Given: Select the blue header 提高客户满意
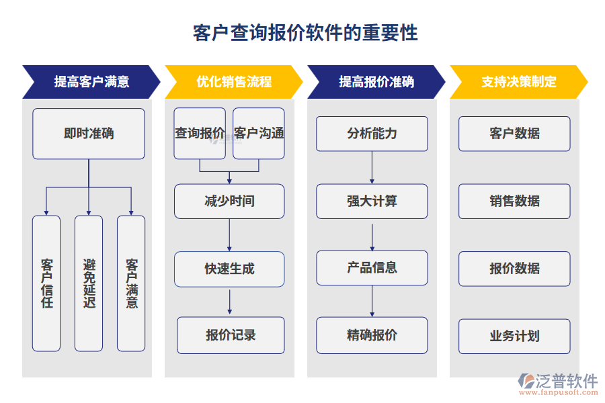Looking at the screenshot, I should pyautogui.click(x=91, y=82).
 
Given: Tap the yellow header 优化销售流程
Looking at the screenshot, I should pyautogui.click(x=234, y=82).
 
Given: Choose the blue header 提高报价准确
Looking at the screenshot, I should pyautogui.click(x=376, y=82).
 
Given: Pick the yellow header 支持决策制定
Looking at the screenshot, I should pyautogui.click(x=519, y=82).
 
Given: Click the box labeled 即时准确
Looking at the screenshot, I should pyautogui.click(x=89, y=134).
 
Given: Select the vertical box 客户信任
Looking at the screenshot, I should pyautogui.click(x=46, y=283).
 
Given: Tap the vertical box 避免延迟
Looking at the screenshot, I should pyautogui.click(x=89, y=283).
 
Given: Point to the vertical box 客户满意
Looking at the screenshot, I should pyautogui.click(x=131, y=283).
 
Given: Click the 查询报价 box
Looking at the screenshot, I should pyautogui.click(x=200, y=134).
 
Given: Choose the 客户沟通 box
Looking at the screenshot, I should pyautogui.click(x=259, y=134).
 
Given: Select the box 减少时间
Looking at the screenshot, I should pyautogui.click(x=229, y=201).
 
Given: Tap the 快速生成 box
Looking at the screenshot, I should pyautogui.click(x=229, y=269).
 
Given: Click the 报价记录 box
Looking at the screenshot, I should pyautogui.click(x=231, y=335).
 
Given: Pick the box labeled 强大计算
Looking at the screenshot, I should pyautogui.click(x=372, y=201).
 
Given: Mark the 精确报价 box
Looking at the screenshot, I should pyautogui.click(x=372, y=335).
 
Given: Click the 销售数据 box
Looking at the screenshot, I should pyautogui.click(x=514, y=201).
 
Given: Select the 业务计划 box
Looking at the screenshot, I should pyautogui.click(x=514, y=336).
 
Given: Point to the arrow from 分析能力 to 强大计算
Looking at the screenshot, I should pyautogui.click(x=372, y=167).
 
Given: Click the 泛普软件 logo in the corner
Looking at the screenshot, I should pyautogui.click(x=557, y=384).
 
